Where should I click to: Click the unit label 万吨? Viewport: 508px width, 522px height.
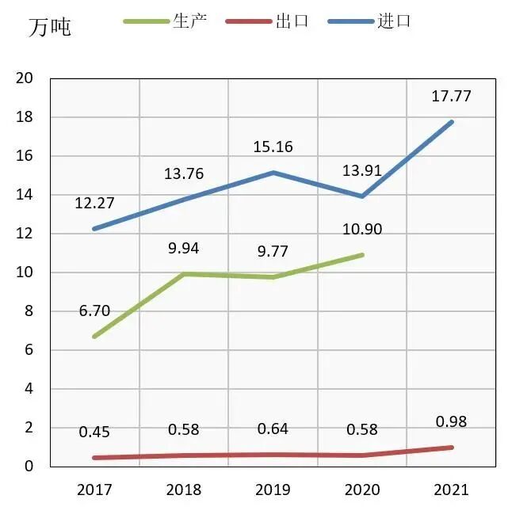pos(50,28)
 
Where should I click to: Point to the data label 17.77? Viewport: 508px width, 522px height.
pos(451,97)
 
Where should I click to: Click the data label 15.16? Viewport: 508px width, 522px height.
pos(273,147)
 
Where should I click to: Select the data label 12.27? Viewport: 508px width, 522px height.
pos(94,203)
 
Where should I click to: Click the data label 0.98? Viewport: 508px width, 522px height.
pos(451,421)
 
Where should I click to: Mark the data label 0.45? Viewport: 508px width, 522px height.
pos(94,432)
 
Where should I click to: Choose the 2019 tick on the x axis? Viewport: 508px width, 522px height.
pos(273,490)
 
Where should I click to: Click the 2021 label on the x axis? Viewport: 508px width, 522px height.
pos(451,490)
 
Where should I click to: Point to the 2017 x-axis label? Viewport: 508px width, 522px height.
pos(94,490)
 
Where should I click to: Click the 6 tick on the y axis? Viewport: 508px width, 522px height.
pos(28,350)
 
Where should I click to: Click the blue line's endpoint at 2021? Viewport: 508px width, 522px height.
pos(452,121)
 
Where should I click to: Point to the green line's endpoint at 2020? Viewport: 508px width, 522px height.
pos(363,254)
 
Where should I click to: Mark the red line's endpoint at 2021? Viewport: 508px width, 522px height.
pos(452,448)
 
